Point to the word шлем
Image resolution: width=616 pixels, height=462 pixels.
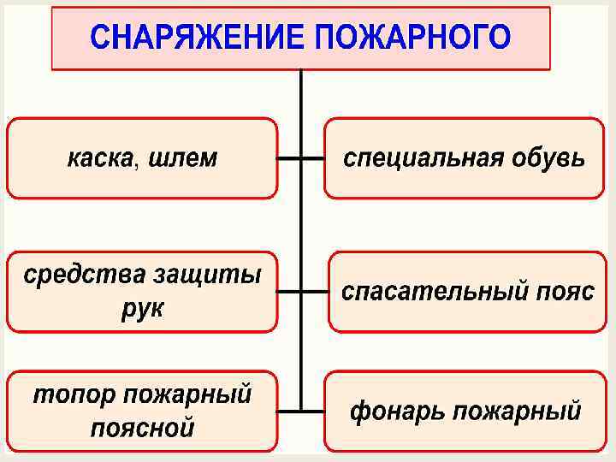(183, 158)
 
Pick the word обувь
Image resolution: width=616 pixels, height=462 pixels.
(548, 158)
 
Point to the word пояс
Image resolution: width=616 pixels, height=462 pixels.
(561, 292)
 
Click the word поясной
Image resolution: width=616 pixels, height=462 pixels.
(142, 426)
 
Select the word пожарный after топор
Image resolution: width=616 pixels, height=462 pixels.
(187, 395)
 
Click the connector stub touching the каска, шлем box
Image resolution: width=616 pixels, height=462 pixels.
(288, 158)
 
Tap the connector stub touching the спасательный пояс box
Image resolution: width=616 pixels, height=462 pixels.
(315, 291)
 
